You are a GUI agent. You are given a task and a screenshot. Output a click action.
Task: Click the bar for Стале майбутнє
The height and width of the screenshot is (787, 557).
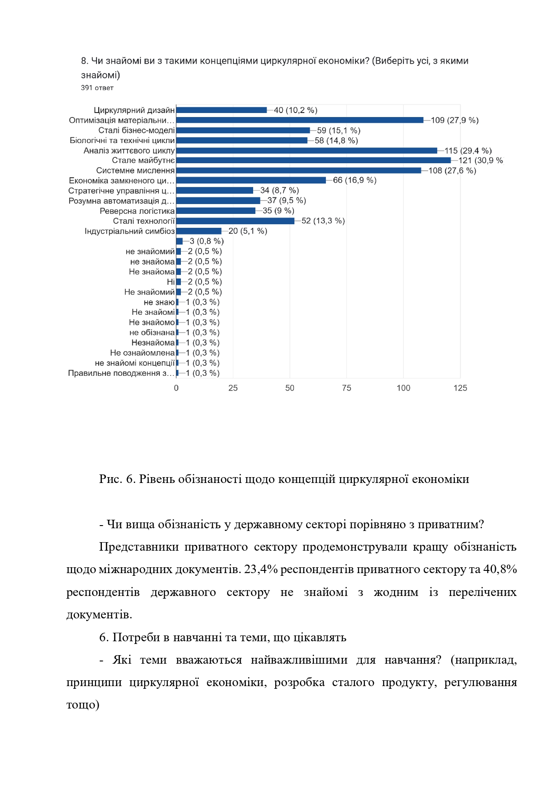pyautogui.click(x=313, y=160)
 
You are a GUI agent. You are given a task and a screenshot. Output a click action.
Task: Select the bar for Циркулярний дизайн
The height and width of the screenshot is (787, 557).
pyautogui.click(x=221, y=110)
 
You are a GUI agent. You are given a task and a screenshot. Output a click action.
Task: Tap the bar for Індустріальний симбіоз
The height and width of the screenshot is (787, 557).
pyautogui.click(x=199, y=231)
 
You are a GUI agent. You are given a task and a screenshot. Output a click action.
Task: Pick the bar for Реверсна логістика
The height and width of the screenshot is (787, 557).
pyautogui.click(x=216, y=211)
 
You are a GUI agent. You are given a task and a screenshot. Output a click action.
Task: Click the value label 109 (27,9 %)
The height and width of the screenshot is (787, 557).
pyautogui.click(x=455, y=120)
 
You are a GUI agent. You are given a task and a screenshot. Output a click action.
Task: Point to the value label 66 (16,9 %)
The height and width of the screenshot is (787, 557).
pyautogui.click(x=355, y=180)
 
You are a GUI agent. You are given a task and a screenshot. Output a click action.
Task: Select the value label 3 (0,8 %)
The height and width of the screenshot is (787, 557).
pyautogui.click(x=206, y=241)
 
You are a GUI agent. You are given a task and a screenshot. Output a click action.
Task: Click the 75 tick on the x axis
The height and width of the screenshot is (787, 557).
pyautogui.click(x=346, y=388)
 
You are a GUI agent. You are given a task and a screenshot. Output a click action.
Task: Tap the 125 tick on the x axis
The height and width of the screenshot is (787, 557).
pyautogui.click(x=460, y=388)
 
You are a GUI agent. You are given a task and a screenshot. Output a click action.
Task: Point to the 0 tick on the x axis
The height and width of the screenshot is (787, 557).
pyautogui.click(x=176, y=388)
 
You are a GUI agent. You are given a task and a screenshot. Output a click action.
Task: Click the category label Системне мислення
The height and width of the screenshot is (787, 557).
pyautogui.click(x=135, y=170)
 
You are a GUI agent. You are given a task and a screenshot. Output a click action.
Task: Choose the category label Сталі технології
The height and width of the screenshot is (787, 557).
pyautogui.click(x=144, y=221)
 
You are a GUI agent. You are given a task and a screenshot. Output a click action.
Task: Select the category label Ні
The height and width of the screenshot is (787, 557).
pyautogui.click(x=171, y=282)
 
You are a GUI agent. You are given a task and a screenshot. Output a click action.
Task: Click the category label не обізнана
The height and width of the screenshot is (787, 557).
pyautogui.click(x=152, y=332)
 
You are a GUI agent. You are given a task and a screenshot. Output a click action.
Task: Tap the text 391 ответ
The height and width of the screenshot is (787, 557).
pyautogui.click(x=97, y=88)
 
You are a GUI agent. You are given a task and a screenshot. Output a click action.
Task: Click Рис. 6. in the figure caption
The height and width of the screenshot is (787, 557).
pyautogui.click(x=117, y=479)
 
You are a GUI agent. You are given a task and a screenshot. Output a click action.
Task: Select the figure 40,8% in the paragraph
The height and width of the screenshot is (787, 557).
pyautogui.click(x=500, y=569)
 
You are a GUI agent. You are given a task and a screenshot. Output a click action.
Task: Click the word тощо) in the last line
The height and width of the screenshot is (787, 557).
pyautogui.click(x=83, y=704)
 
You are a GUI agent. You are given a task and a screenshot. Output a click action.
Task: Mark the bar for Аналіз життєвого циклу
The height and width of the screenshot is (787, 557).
pyautogui.click(x=307, y=151)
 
